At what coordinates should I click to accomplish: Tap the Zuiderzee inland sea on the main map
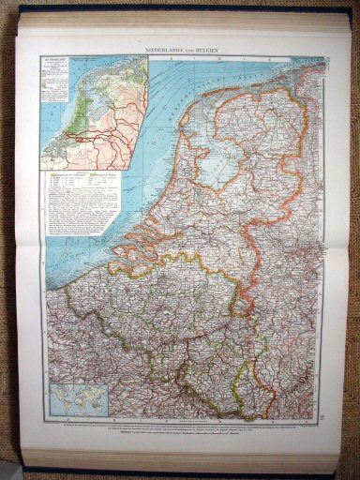pyautogui.click(x=217, y=160)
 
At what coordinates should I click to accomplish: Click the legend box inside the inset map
pyautogui.click(x=56, y=74)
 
